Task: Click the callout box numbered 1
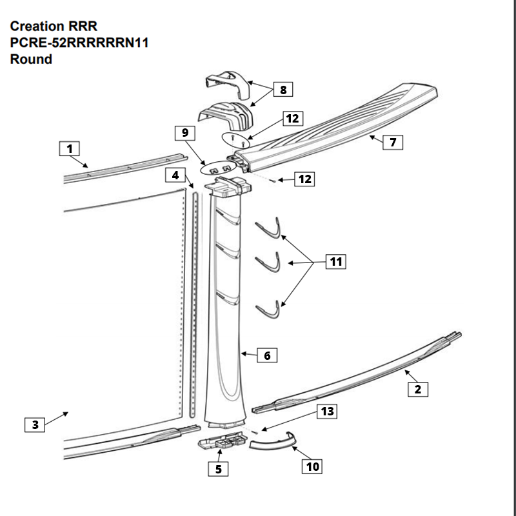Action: click(x=69, y=149)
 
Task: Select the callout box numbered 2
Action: click(x=418, y=389)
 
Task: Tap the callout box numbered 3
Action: click(x=35, y=424)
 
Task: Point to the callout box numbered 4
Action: click(x=174, y=175)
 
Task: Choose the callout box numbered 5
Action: click(x=218, y=469)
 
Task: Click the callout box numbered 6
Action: click(x=267, y=355)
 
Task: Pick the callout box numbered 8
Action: click(x=283, y=90)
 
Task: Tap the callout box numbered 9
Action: click(x=185, y=134)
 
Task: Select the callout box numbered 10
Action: click(x=313, y=466)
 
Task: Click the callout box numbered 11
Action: click(x=335, y=262)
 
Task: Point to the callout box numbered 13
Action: click(x=328, y=412)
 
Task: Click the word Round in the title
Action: click(x=31, y=59)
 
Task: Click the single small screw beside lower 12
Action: click(x=273, y=181)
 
